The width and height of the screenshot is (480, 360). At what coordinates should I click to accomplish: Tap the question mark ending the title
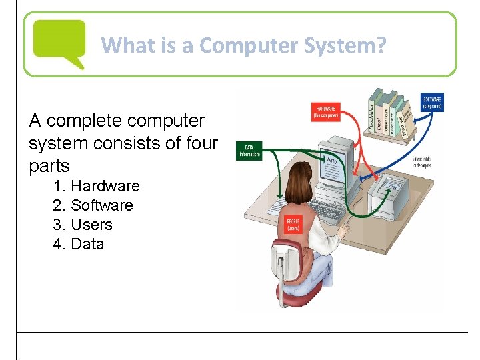(x=381, y=45)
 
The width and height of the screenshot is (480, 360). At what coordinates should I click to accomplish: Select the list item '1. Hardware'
(x=96, y=186)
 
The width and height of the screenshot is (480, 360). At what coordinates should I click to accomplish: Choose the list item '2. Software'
(x=93, y=205)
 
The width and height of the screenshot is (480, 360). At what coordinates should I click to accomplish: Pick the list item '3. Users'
(x=83, y=225)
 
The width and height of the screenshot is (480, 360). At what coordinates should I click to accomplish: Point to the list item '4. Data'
(x=79, y=244)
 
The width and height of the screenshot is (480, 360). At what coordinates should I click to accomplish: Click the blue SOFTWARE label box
(x=432, y=102)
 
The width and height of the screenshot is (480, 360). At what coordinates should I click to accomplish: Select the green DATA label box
(x=249, y=151)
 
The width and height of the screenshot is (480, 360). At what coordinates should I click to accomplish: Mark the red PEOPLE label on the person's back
(x=293, y=224)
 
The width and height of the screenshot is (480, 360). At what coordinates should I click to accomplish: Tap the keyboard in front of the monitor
(x=334, y=201)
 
